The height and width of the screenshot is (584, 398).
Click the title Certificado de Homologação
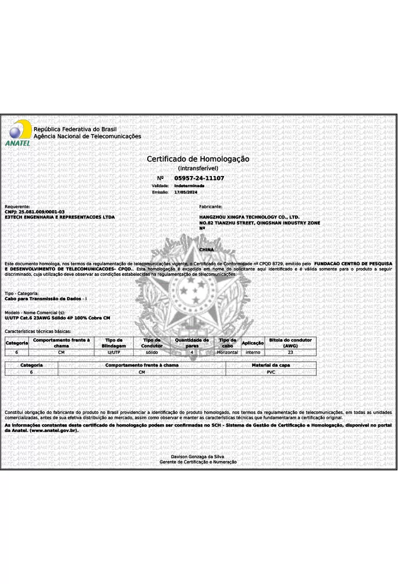point(198,159)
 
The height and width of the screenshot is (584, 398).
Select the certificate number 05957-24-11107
point(199,178)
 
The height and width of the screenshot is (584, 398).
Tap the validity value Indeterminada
point(189,185)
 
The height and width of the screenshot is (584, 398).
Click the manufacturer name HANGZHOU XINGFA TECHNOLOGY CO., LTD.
point(249,217)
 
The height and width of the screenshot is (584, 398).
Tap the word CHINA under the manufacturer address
point(207,249)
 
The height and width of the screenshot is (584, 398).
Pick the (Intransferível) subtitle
point(198,168)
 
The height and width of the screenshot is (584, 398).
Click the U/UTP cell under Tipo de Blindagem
point(114,352)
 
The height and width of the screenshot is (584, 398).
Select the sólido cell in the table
point(152,352)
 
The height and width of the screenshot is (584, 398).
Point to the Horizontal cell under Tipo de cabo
point(228,352)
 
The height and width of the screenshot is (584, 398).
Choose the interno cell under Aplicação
point(253,352)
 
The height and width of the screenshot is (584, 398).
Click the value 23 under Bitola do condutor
point(290,352)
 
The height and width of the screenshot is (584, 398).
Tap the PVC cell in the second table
point(271,371)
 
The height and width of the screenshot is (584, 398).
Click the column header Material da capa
point(271,365)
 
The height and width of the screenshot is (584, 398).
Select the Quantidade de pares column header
point(192,343)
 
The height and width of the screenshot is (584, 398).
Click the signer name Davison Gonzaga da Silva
point(198,456)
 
